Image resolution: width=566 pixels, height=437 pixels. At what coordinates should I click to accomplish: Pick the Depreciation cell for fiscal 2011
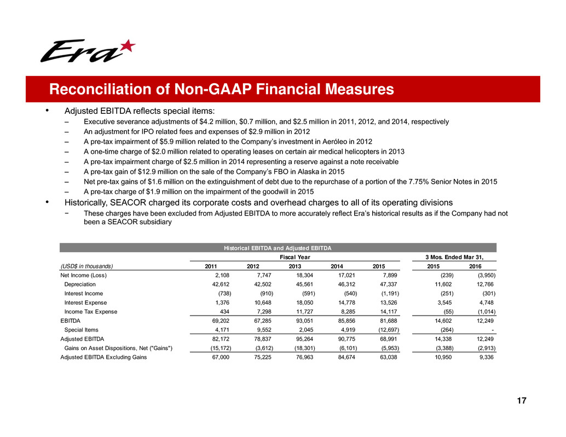pos(216,284)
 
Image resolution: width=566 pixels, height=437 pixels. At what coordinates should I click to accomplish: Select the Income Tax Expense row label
pos(91,312)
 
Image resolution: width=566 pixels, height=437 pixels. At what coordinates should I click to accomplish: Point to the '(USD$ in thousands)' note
pos(86,266)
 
